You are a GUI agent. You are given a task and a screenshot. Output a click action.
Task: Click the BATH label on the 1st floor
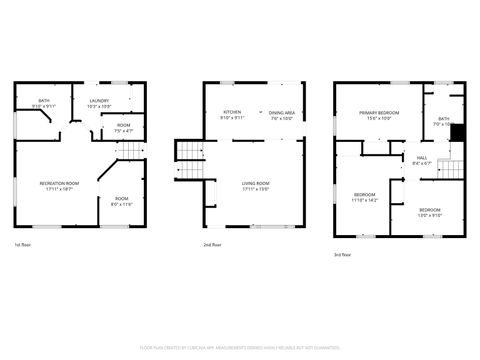tap(44, 100)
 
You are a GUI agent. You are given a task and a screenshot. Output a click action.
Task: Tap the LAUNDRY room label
tap(99, 100)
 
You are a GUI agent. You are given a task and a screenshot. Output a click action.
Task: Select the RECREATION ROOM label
tap(59, 183)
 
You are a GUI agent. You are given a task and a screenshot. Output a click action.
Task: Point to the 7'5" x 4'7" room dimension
tap(123, 131)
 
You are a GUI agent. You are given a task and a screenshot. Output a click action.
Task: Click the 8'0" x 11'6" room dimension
tap(122, 205)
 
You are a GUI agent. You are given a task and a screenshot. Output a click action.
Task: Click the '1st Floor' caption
tap(21, 245)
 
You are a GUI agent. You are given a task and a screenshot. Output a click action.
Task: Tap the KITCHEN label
tap(232, 112)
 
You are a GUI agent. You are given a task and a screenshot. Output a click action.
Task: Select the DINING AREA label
tap(281, 112)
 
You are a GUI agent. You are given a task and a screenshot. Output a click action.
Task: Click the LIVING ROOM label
tap(256, 183)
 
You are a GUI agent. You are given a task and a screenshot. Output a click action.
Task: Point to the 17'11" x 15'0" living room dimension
tap(256, 189)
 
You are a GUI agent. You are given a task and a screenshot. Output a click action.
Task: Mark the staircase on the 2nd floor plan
tap(190, 151)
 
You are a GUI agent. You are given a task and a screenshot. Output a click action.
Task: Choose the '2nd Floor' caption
tap(212, 245)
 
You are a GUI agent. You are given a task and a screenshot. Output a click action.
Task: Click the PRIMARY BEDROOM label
tap(380, 112)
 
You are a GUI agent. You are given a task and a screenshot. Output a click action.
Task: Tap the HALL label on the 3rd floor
tap(422, 156)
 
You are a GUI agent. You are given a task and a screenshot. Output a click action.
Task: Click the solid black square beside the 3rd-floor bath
tap(458, 131)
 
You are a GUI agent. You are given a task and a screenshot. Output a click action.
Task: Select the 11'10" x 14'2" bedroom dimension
tap(365, 200)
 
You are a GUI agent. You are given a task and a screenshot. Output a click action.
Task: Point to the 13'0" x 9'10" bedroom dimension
tap(429, 215)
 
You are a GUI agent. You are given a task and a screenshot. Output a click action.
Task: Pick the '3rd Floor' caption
tap(343, 255)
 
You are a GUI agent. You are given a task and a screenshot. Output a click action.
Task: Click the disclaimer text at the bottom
tap(240, 347)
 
